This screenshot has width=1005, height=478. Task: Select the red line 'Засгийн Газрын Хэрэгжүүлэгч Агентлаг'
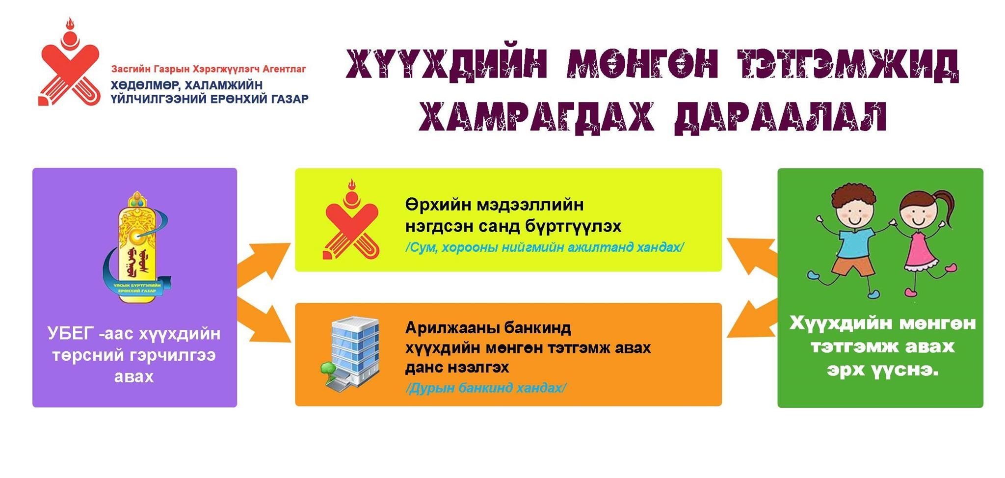tap(209, 69)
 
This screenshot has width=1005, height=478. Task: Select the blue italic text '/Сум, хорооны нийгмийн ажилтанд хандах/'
tap(545, 247)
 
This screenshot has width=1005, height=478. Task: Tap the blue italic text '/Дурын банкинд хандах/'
tap(486, 388)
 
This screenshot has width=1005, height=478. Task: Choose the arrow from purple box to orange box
tap(264, 318)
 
